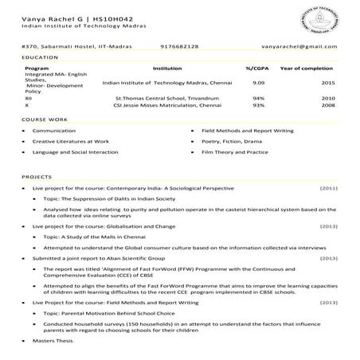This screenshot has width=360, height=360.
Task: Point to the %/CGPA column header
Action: point(257,69)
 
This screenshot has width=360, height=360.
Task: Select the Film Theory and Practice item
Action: point(235,151)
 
